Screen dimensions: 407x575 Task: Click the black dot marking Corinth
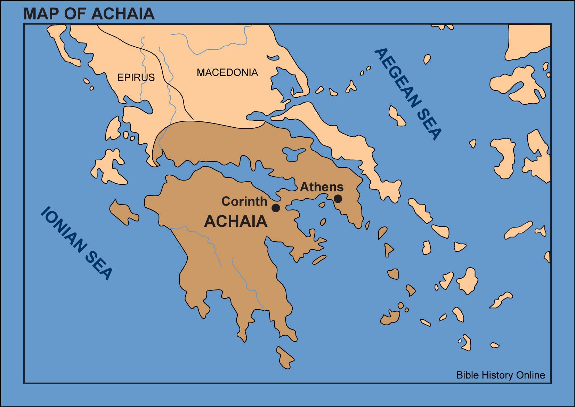(276, 208)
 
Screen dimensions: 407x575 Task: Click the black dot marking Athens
(338, 199)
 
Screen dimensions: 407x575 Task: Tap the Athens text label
(322, 187)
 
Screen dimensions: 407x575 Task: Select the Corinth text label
(244, 201)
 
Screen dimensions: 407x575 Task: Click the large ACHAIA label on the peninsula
(236, 222)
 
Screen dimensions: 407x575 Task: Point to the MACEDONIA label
(227, 72)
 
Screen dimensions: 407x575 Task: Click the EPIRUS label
(136, 77)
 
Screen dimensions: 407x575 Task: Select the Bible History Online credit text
(501, 375)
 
